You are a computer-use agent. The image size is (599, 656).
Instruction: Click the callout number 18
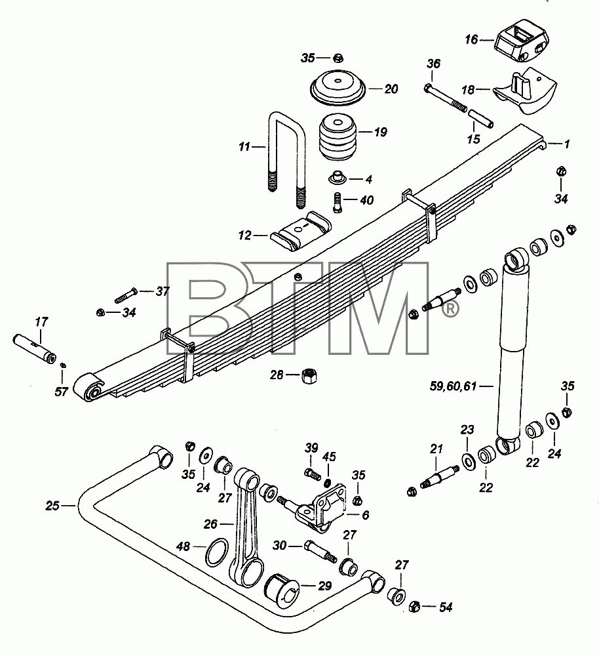pos(468,90)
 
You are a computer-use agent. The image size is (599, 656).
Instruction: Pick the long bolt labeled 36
pos(445,100)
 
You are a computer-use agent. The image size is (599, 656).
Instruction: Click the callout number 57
pos(61,392)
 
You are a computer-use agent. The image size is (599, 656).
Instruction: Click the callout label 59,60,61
pos(453,386)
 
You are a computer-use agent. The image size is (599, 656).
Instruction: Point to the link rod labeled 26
pos(246,528)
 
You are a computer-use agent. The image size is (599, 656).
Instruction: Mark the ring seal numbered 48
pos(218,552)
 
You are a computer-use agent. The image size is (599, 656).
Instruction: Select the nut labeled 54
pos(414,605)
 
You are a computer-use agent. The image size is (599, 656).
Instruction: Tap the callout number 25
pos(52,506)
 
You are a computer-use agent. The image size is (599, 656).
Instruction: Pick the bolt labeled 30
pos(319,552)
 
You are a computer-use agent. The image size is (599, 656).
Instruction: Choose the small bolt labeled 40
pos(338,201)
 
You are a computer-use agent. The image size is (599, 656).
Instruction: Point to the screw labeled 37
pos(125,295)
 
